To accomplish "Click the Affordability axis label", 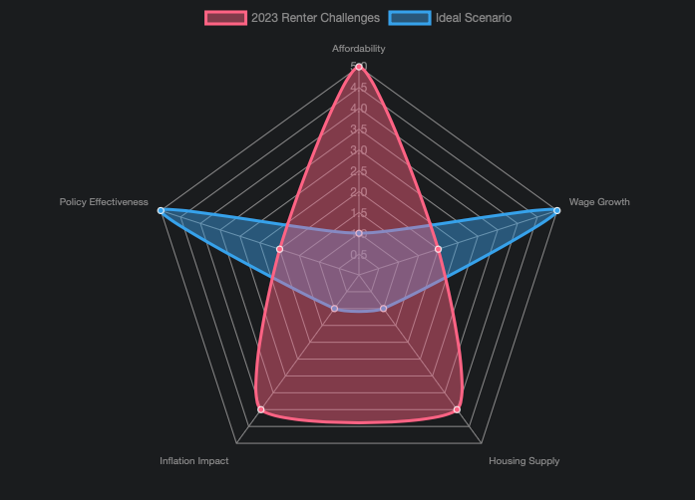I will (359, 48).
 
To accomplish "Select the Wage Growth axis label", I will (599, 202).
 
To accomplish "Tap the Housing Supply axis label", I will (523, 461).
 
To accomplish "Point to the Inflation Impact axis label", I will (194, 461).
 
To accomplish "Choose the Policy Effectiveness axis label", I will (104, 202).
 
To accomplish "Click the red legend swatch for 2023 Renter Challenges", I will (225, 18).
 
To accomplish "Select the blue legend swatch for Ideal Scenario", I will (410, 18).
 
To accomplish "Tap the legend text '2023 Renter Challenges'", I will (315, 18).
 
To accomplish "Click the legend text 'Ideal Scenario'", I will (474, 18).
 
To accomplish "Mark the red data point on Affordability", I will (359, 67).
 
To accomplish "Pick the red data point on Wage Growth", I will (438, 249).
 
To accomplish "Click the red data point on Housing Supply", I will (457, 409).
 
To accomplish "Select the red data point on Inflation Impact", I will (261, 409).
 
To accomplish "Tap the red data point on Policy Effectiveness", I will (280, 249).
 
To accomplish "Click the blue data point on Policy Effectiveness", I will (162, 210).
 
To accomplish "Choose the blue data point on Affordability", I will (359, 233).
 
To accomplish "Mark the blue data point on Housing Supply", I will (383, 309).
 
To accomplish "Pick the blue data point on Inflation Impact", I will (335, 309).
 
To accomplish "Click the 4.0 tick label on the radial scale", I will (359, 109).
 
